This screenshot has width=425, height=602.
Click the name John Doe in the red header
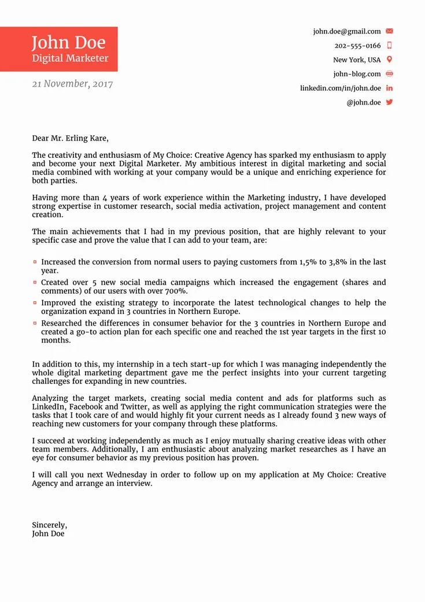68,42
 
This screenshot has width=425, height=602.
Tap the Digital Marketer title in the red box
70,58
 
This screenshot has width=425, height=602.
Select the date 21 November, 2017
72,84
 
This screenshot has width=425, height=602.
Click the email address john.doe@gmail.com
347,31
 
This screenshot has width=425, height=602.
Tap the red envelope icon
389,31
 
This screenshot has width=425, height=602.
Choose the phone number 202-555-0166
357,46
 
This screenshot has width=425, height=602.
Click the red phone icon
389,45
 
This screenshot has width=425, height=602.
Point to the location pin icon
389,60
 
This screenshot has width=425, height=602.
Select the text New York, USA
357,60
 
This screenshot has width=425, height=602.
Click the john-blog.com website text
357,74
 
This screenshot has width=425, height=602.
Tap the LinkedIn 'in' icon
389,88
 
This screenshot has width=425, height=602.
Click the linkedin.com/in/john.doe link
340,88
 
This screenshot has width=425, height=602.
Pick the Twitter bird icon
389,102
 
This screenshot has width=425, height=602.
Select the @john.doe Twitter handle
363,102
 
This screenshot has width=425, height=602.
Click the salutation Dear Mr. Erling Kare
70,138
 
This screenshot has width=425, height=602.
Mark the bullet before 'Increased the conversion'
35,262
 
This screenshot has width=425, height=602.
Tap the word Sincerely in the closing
49,525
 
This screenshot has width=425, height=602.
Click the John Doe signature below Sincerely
48,534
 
